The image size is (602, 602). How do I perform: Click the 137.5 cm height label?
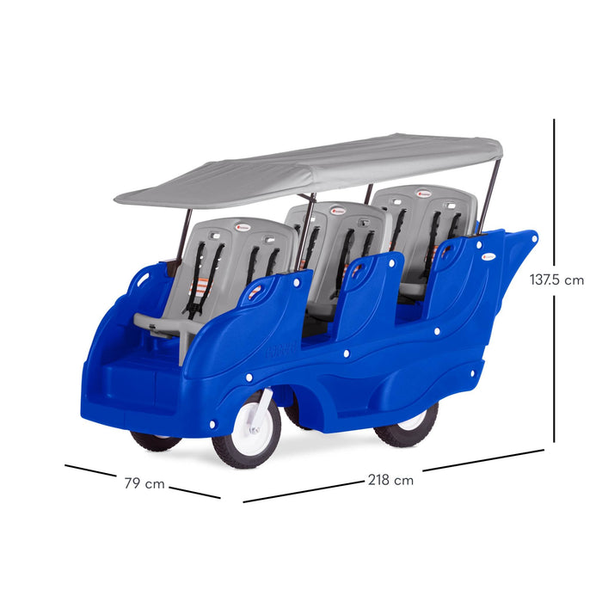556,279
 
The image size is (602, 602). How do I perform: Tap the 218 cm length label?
390,480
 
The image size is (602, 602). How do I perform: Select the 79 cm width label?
144,483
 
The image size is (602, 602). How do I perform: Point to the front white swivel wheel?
247,429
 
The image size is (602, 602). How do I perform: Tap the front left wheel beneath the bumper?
156,440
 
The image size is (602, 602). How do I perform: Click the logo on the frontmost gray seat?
243,227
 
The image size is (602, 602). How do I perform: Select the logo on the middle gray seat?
338,211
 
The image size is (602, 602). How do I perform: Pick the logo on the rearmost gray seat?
424,193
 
